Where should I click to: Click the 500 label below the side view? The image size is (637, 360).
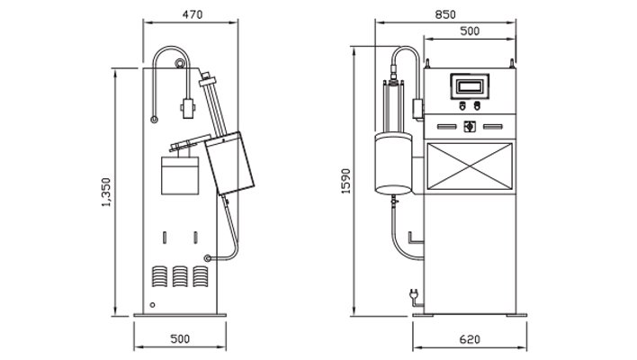coord(180,339)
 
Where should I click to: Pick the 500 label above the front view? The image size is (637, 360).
coord(469,31)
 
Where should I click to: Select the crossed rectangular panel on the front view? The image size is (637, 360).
coord(469,166)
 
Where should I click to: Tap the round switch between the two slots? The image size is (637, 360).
coord(469,127)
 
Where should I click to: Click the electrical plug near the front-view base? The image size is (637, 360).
coord(412,294)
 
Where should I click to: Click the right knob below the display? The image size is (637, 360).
coord(476,105)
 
